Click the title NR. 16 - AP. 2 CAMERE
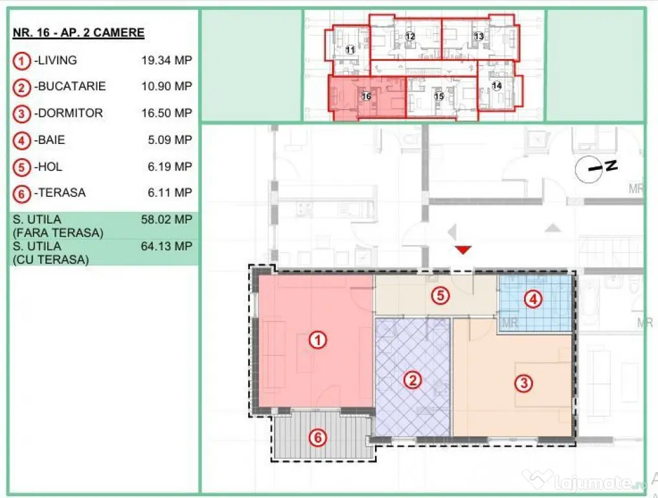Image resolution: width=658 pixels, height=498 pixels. coord(78,33)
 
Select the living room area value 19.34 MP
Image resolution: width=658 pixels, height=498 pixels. coord(166,60)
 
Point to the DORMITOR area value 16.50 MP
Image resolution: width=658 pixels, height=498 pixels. coord(166,113)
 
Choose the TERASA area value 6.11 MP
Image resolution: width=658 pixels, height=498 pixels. coord(170,193)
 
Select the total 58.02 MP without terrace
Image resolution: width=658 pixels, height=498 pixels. coord(166,219)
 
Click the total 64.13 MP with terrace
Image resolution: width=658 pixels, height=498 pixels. coord(166,246)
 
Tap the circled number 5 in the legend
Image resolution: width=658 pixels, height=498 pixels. coord(21,168)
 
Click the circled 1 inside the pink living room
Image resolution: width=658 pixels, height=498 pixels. coord(318,340)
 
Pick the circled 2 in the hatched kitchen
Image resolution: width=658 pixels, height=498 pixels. coord(413,381)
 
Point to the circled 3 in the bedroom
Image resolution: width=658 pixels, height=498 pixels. coord(524,383)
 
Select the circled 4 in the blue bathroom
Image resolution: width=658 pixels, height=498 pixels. coord(534,299)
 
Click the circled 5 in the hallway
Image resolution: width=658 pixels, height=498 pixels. coord(440,296)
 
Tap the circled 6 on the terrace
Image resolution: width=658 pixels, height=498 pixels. coord(318,438)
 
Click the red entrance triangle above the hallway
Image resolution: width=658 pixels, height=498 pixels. coord(463,250)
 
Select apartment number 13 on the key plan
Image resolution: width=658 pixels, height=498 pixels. coord(479,36)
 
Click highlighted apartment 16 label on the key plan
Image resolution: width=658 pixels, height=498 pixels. coord(367,96)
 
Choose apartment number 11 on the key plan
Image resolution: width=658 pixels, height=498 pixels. coord(350,50)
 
